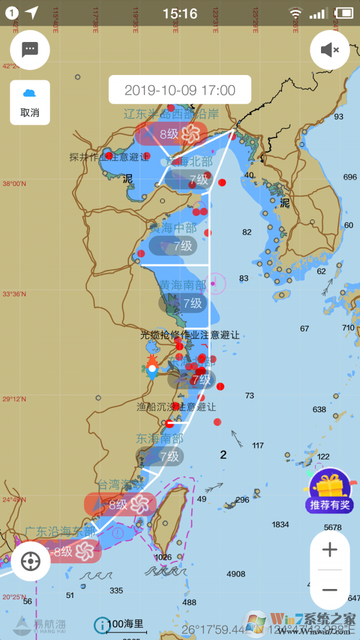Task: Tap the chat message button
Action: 30,49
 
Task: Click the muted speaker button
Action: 329,50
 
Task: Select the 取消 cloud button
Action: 30,103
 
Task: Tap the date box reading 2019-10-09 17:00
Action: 180,91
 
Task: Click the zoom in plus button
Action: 329,549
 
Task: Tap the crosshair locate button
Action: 31,561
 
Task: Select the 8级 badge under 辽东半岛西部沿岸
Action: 171,134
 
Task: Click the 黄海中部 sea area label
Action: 172,228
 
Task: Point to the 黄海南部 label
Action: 182,285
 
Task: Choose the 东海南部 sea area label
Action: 160,438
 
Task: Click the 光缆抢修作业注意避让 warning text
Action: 190,335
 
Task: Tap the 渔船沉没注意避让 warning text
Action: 176,407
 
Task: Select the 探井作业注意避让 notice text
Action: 109,157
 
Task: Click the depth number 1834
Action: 280,524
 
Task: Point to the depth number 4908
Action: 236,574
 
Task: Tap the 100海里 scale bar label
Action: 125,623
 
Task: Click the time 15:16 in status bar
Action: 180,13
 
